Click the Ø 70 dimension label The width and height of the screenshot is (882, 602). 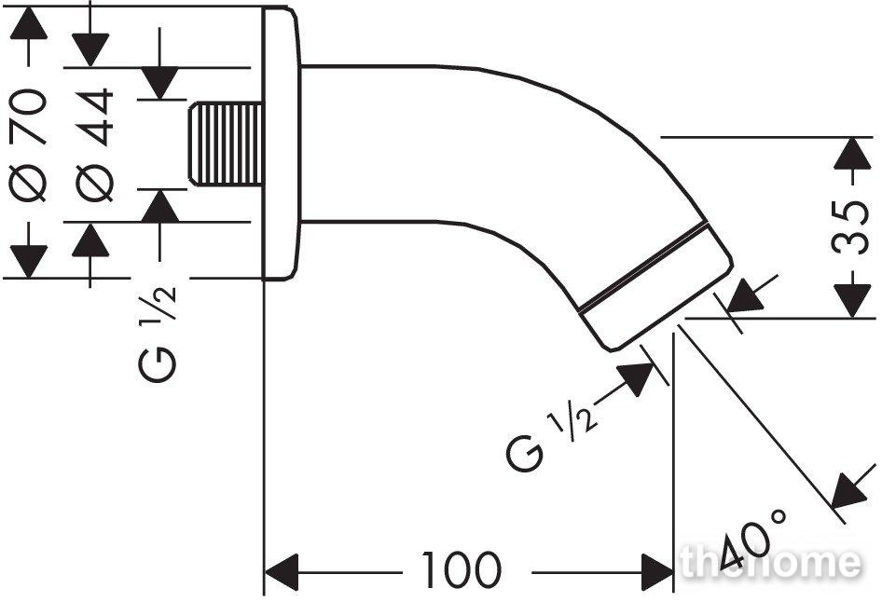pos(28,144)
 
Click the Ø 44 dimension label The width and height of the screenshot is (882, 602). pos(95,144)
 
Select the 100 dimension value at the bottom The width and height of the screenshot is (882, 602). pos(461,569)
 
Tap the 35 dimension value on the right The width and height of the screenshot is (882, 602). pos(850,227)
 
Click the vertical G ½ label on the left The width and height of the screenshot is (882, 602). pos(158,335)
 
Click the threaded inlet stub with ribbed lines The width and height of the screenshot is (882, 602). pos(226,144)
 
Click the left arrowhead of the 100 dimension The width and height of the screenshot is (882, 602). pos(282,572)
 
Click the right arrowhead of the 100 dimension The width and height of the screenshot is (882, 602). pos(657,572)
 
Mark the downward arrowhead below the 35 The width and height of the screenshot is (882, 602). pos(852,301)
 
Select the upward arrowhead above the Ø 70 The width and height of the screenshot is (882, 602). pos(29,23)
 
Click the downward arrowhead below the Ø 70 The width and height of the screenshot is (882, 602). pos(29,261)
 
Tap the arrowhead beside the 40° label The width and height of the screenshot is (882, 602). pos(849,490)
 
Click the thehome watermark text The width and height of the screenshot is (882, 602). pos(771,562)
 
